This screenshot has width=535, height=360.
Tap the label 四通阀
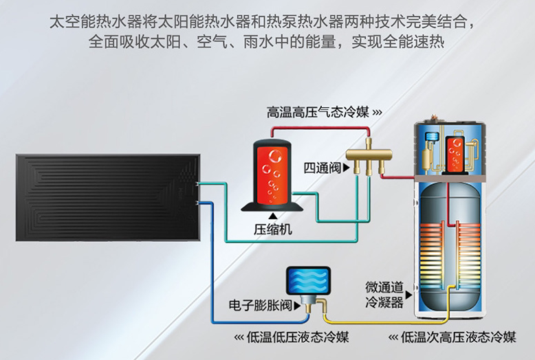click(x=323, y=168)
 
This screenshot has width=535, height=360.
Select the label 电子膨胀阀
click(x=261, y=305)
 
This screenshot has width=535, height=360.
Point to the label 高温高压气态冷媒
click(x=318, y=112)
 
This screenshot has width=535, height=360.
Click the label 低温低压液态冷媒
click(x=298, y=337)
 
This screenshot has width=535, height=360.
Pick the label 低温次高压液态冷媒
click(x=458, y=337)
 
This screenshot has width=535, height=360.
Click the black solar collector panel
click(x=108, y=198)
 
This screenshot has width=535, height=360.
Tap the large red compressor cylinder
click(x=272, y=173)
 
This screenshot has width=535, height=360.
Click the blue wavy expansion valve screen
click(x=308, y=280)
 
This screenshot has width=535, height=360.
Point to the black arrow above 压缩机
click(x=272, y=216)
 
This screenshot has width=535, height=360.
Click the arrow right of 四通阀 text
click(x=347, y=168)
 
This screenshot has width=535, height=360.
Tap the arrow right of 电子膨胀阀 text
click(x=297, y=306)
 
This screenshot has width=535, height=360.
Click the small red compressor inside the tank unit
click(x=455, y=155)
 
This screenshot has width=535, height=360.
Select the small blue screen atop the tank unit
click(x=432, y=137)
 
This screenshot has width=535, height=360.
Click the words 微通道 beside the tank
click(x=384, y=287)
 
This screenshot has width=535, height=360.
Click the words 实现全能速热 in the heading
click(x=398, y=42)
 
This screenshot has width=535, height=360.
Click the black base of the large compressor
click(x=272, y=207)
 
